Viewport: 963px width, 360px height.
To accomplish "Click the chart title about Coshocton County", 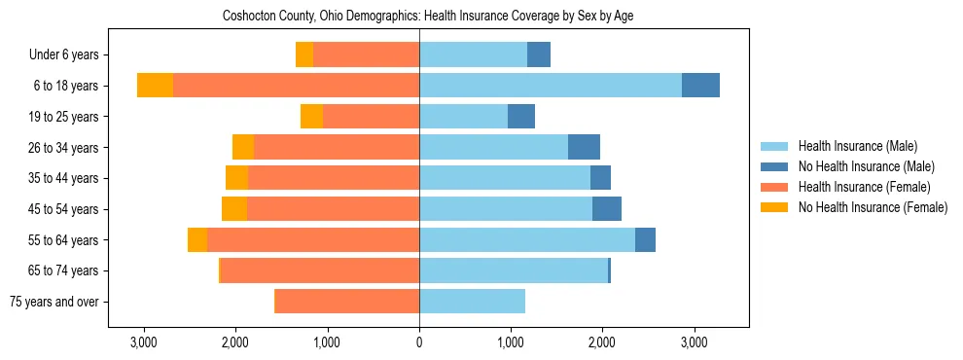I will coord(428,17).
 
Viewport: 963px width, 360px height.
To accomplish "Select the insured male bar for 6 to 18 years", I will coord(551,86).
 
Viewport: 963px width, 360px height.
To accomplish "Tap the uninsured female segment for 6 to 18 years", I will coord(155,86).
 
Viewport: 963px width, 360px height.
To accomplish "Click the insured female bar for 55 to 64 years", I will coord(312,240).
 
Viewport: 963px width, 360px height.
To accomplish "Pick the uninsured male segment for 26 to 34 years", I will coord(584,147).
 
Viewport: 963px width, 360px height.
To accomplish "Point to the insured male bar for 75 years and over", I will coord(472,302).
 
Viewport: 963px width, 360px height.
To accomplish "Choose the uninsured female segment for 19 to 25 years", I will coord(311,117).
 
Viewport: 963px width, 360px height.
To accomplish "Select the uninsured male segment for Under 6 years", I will coord(539,54).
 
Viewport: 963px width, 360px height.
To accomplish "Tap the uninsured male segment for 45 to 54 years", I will coord(607,209).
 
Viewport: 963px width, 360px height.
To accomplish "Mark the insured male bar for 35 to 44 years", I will coord(505,178).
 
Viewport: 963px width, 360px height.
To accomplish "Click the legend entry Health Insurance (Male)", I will coord(857,146).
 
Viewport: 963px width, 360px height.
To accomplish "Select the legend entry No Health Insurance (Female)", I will coord(873,207).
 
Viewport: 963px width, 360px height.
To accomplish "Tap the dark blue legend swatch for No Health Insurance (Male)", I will coord(774,166).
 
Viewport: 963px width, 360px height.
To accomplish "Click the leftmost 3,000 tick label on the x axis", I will coord(144,342).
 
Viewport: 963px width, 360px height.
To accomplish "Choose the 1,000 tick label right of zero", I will coord(511,342).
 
